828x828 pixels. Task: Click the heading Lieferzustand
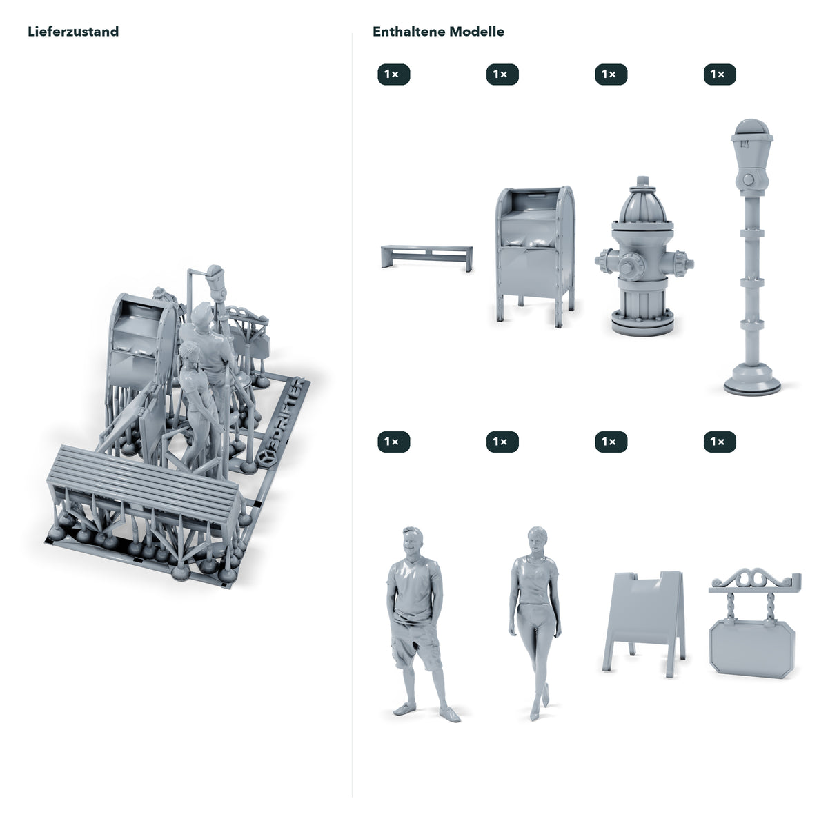click(x=73, y=32)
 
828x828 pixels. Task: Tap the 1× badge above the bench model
click(x=393, y=75)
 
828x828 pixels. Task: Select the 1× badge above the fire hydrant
click(x=611, y=75)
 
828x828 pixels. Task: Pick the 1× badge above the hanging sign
click(x=720, y=442)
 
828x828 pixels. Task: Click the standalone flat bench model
click(x=426, y=256)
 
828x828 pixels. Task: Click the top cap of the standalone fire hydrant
click(x=642, y=181)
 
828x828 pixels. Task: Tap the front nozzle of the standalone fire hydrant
click(x=631, y=266)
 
